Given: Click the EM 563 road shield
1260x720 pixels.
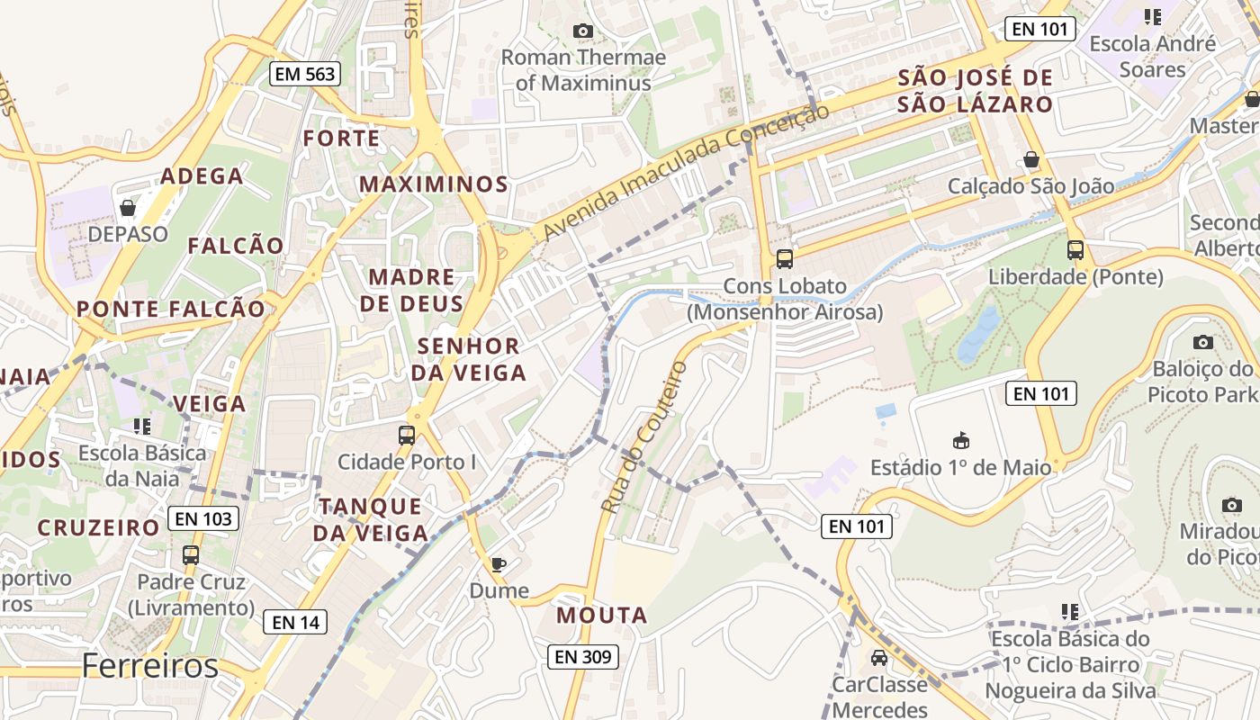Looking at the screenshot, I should (x=305, y=74).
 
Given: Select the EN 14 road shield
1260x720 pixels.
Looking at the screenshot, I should (x=295, y=622).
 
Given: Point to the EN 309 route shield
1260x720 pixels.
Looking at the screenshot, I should (x=583, y=657).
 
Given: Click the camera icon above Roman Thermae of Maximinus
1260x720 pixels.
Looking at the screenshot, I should (x=583, y=31).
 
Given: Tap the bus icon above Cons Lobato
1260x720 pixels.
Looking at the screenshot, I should (x=785, y=259).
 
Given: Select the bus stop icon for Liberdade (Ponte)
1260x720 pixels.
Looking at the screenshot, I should (x=1075, y=250).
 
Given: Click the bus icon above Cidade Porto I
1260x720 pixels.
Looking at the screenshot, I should (x=407, y=436).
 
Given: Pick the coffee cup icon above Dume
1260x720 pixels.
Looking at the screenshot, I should (x=499, y=564).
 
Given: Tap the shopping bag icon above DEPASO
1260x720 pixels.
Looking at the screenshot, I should (x=128, y=208).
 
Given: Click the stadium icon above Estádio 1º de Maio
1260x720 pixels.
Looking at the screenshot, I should (x=960, y=441).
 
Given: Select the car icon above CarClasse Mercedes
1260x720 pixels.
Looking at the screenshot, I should (x=879, y=658).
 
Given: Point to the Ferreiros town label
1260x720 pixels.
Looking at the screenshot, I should (x=149, y=667).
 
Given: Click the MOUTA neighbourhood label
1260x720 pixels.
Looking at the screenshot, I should (x=602, y=616).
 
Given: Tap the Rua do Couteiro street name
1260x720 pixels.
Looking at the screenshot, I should (x=643, y=437).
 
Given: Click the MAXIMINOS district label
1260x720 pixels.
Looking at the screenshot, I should (x=434, y=184).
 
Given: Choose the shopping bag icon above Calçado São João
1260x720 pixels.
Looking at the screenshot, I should (x=1031, y=159).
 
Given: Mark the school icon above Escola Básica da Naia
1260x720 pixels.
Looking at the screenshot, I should (x=141, y=426).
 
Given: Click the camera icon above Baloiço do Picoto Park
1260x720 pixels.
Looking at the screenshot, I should (x=1202, y=342).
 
